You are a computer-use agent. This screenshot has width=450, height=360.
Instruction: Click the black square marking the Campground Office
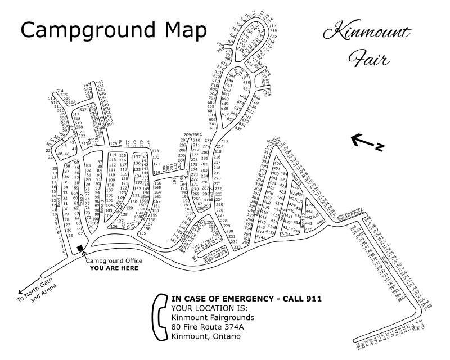click(80, 248)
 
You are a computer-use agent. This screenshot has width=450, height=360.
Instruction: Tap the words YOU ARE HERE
click(114, 268)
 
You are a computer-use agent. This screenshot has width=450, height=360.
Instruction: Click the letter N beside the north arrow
click(380, 148)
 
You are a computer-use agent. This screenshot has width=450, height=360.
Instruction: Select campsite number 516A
click(70, 102)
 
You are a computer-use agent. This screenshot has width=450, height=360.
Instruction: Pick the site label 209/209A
click(192, 135)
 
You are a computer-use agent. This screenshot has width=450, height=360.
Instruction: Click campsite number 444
click(320, 223)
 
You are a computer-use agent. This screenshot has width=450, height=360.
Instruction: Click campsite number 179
click(114, 143)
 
